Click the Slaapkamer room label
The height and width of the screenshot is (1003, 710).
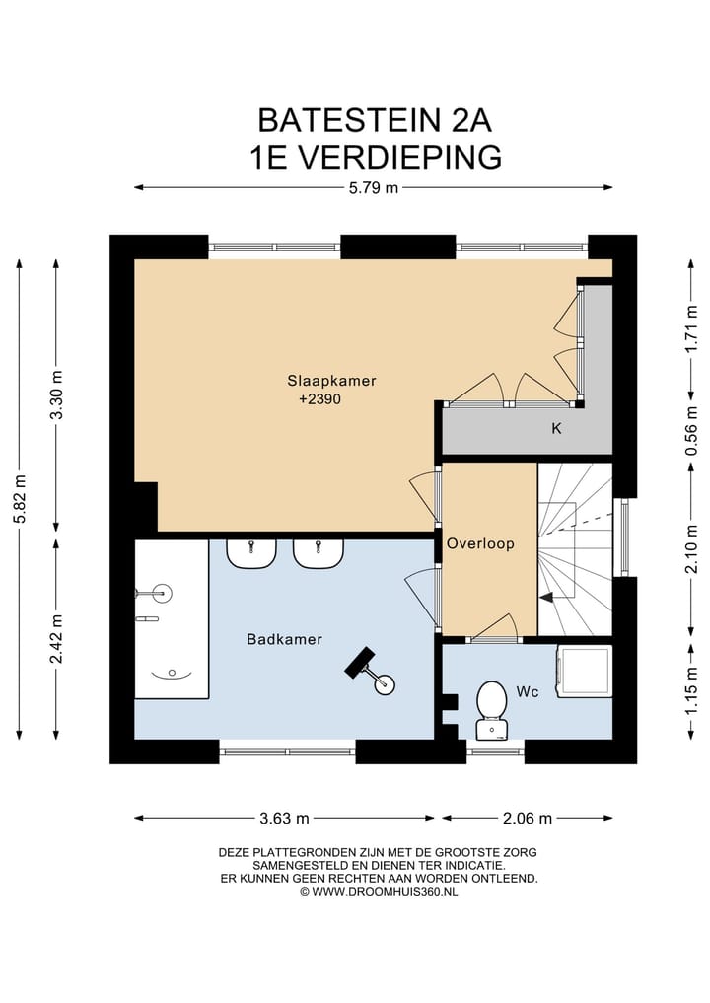coord(331,380)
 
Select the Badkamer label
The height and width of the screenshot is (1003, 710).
coord(284,639)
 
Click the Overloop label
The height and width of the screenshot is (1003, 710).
coord(480,543)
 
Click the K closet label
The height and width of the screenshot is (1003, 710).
coord(556,430)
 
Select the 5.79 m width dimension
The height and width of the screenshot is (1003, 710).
coord(374,188)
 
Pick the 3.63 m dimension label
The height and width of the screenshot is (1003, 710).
coord(284,818)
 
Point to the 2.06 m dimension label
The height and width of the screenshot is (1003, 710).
coord(527,818)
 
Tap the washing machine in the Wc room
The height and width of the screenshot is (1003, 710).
coord(584,672)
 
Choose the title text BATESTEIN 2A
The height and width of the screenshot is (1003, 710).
coord(374,120)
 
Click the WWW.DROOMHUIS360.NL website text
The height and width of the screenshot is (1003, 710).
coord(379,891)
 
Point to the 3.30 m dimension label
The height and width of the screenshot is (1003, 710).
coord(56,394)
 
